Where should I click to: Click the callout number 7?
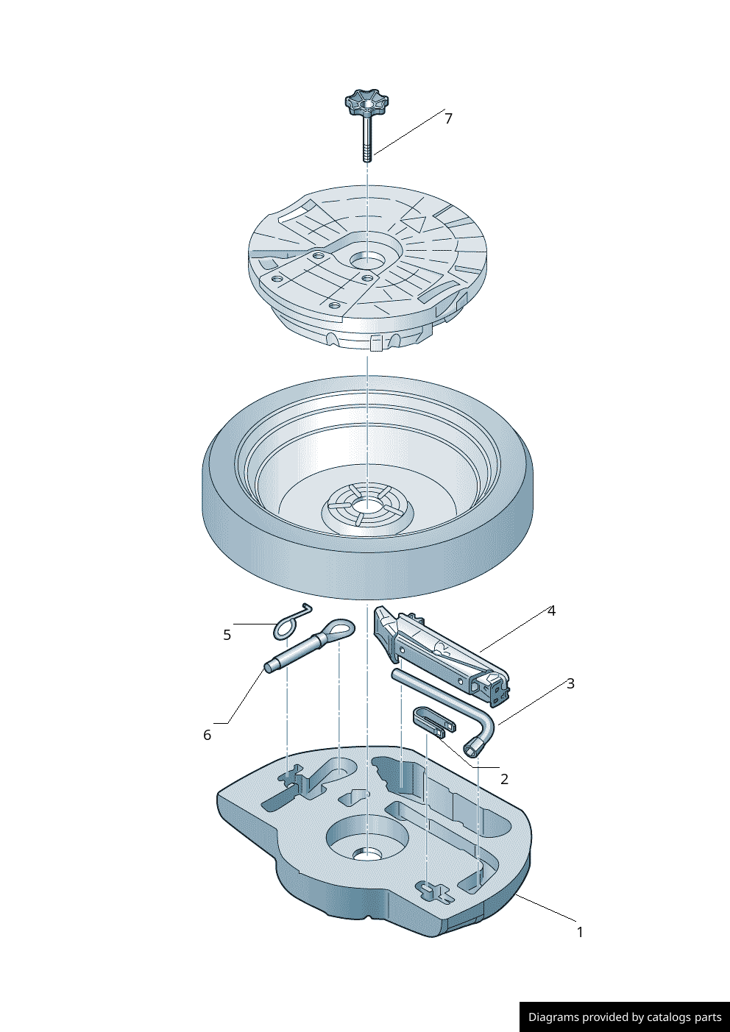[x=448, y=119]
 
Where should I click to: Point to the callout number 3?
[x=570, y=683]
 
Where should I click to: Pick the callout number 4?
[x=552, y=611]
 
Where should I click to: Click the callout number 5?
[x=227, y=635]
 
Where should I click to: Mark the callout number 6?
[x=207, y=735]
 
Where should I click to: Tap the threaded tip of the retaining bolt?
[x=367, y=154]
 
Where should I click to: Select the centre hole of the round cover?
[x=367, y=261]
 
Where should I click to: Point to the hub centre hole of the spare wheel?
[x=367, y=505]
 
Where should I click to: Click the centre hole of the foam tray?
[x=367, y=855]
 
